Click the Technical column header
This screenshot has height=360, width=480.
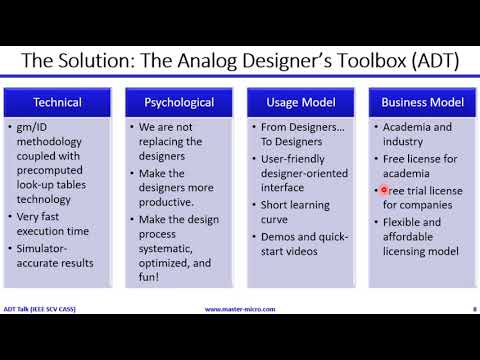tap(57, 102)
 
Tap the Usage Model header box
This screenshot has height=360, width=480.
tap(301, 102)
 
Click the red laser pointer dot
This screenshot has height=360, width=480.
tap(384, 189)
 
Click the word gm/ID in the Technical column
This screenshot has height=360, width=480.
tap(35, 127)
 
